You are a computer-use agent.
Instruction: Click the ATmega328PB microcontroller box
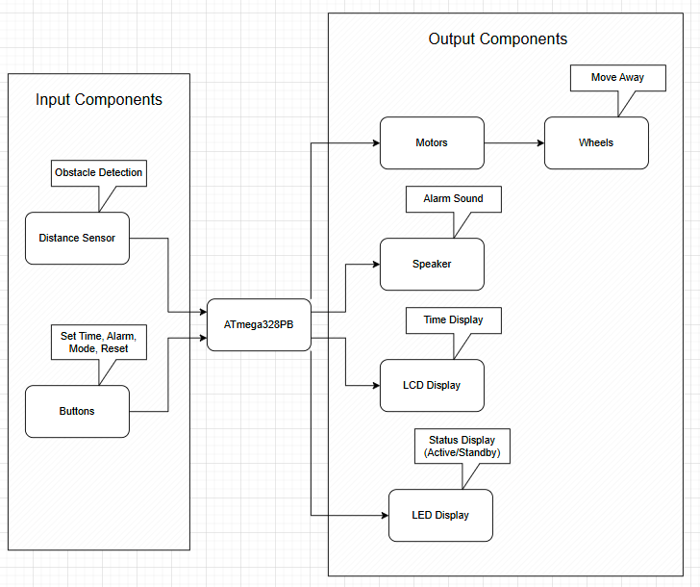(260, 324)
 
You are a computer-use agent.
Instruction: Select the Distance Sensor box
(77, 238)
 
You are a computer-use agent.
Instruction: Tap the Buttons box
(77, 411)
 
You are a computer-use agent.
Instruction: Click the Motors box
(432, 142)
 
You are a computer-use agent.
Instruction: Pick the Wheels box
(596, 142)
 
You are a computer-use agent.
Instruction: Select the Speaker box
(432, 264)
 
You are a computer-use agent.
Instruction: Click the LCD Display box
(432, 385)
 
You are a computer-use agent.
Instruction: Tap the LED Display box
(440, 515)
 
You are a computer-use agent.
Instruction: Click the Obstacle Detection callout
(99, 173)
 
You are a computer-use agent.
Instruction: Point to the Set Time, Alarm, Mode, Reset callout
(99, 342)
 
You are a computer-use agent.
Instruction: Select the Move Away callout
(617, 78)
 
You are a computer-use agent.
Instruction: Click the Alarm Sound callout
(453, 199)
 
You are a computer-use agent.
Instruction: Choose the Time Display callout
(453, 320)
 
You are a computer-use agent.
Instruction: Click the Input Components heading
(99, 100)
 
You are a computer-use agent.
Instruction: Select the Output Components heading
(497, 39)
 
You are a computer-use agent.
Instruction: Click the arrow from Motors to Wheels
(513, 142)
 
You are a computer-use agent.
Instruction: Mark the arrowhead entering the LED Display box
(382, 515)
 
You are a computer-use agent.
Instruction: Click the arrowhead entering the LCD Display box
(374, 385)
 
